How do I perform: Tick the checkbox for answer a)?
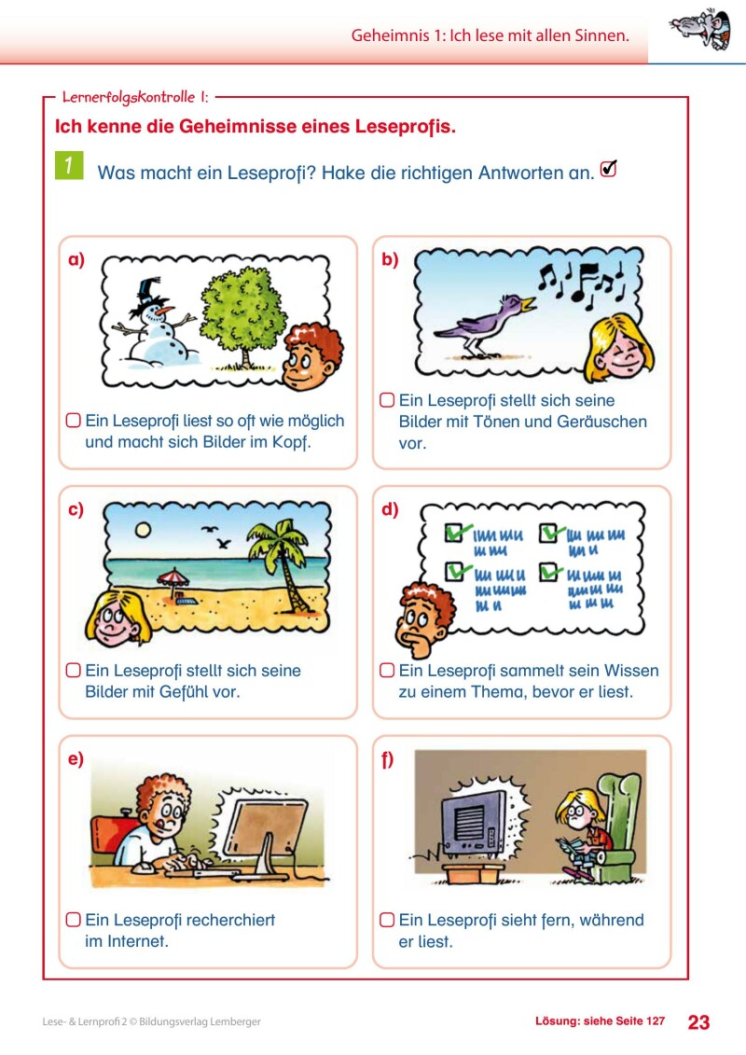click(x=73, y=421)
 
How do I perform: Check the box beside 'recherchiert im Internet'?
click(x=73, y=920)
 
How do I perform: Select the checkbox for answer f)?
click(x=386, y=920)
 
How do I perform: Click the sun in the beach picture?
click(x=143, y=529)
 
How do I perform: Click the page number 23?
click(x=698, y=1021)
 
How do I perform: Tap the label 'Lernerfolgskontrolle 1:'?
click(x=134, y=96)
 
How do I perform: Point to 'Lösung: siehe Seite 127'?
click(x=600, y=1021)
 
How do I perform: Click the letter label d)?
click(x=390, y=509)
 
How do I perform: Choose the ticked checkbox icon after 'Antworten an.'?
click(x=609, y=169)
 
